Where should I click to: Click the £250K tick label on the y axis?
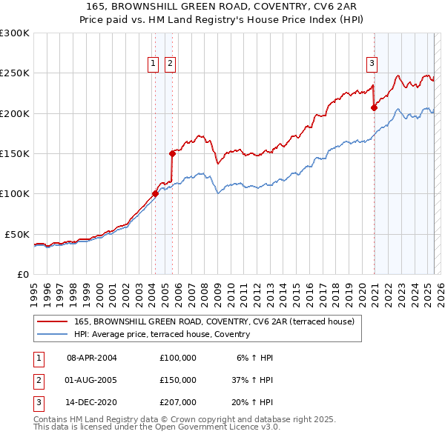point(15,73)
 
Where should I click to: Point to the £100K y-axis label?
point(15,194)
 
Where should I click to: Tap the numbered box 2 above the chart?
point(171,64)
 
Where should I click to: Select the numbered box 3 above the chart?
point(372,64)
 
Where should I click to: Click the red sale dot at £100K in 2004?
point(155,194)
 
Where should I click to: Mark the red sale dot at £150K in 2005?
point(172,153)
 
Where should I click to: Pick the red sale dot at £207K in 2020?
point(374,107)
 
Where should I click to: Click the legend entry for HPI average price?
point(162,334)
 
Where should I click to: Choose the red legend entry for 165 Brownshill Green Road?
point(214,321)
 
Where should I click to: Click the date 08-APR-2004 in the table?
point(92,358)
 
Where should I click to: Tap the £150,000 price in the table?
point(178,380)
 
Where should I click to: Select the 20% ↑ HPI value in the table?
point(252,402)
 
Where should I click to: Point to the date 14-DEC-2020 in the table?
point(92,402)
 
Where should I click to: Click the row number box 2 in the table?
point(36,380)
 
